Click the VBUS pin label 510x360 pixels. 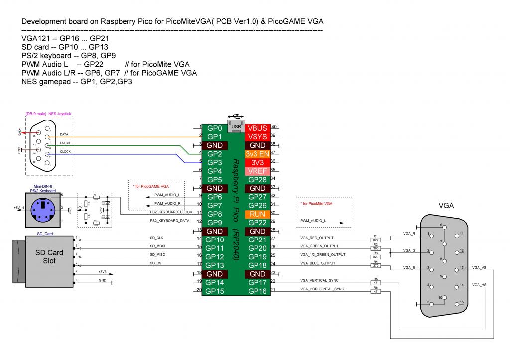258,128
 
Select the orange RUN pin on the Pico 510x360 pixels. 258,214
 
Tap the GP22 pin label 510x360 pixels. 258,222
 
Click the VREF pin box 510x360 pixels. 258,171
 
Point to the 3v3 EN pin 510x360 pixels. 258,154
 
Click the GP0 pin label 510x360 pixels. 214,128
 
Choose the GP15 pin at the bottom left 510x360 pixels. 214,291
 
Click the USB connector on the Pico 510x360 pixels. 236,125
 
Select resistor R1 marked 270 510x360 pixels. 376,239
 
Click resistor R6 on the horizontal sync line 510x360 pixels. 376,291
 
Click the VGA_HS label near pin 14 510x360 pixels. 479,284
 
